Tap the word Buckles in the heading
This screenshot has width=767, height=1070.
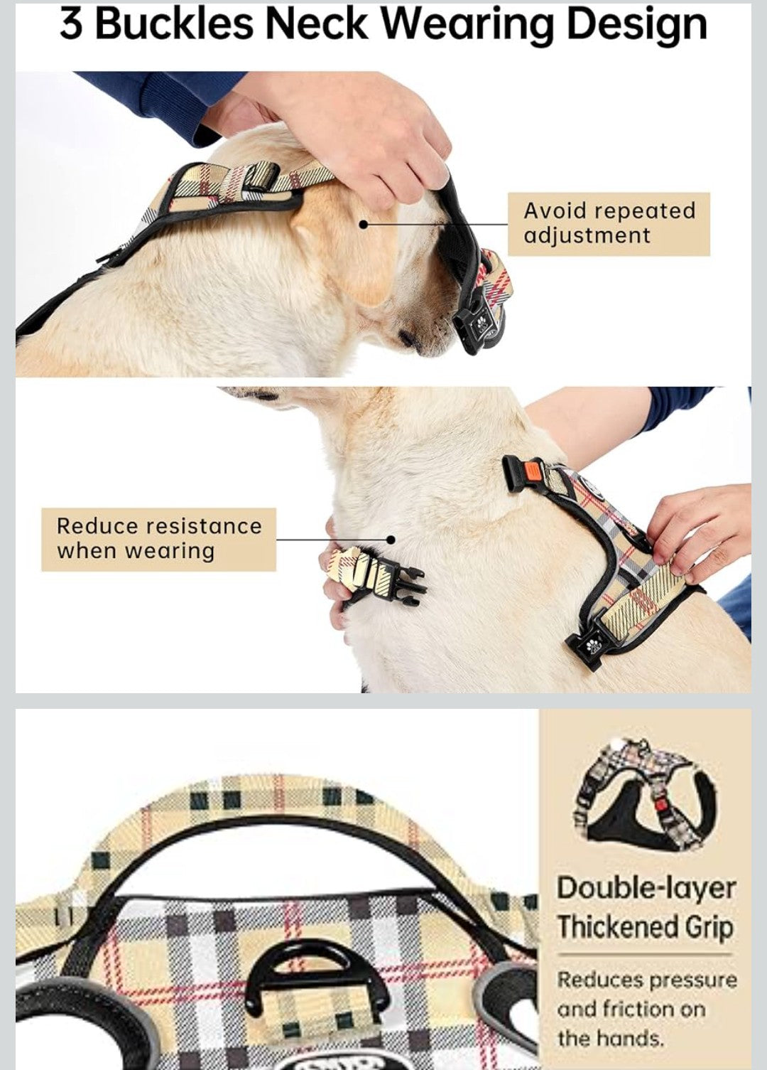pos(173,25)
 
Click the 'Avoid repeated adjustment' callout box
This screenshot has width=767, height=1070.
pos(609,223)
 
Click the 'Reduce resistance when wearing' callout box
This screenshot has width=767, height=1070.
pos(158,538)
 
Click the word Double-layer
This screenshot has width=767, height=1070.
pos(646,888)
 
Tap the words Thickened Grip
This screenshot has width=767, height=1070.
pos(644,927)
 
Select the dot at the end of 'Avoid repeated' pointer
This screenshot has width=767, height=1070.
pos(363,224)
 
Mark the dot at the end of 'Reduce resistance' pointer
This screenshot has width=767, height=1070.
pos(390,540)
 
